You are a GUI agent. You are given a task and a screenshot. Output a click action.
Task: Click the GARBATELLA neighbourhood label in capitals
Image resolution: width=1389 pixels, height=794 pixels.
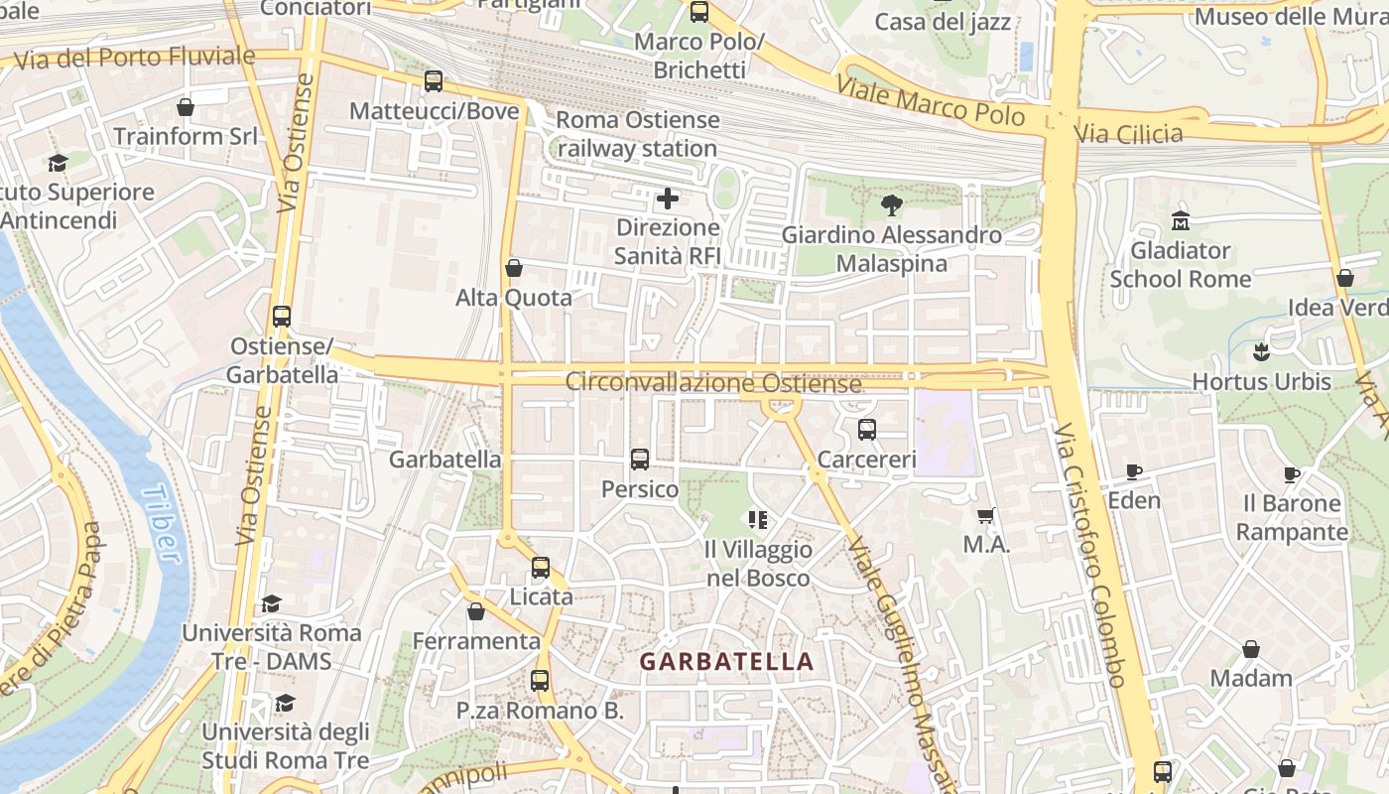click(726, 661)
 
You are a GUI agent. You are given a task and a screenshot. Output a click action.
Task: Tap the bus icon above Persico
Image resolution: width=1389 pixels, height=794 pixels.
click(640, 460)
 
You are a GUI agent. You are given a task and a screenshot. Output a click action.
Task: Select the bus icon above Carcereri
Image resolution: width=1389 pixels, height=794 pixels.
click(867, 430)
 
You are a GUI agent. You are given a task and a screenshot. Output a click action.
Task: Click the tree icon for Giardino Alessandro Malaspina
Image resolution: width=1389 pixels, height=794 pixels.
click(891, 205)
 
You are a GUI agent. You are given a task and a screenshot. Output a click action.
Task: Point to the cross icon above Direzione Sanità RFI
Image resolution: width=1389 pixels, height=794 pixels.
click(668, 198)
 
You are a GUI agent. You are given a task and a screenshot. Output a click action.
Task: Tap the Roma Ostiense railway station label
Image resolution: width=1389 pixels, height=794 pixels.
click(637, 134)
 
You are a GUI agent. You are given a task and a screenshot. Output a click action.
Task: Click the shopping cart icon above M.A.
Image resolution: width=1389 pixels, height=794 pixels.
click(986, 515)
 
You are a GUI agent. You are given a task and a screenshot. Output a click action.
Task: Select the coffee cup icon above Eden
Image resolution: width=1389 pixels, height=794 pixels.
click(1134, 471)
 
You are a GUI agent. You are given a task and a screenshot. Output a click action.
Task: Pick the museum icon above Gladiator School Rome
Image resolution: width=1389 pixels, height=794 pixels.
click(1181, 219)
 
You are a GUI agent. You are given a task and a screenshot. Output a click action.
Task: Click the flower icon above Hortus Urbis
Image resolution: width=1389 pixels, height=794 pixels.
click(1261, 351)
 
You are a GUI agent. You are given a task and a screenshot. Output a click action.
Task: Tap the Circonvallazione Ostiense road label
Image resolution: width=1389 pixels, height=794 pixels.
click(713, 383)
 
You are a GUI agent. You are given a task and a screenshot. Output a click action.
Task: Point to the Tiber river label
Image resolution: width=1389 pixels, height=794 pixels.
click(162, 524)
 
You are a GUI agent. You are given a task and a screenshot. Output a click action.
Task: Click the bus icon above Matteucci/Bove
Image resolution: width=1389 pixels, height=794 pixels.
click(434, 81)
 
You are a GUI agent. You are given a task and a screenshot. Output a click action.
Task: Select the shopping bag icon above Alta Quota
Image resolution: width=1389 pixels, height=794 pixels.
click(514, 268)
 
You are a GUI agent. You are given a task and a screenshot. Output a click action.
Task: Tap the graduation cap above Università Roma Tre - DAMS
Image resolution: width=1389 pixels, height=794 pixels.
click(271, 603)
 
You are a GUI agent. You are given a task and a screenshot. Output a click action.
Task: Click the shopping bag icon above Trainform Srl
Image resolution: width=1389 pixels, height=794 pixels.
click(186, 106)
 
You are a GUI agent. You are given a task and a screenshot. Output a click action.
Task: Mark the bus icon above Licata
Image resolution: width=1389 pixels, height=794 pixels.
click(541, 568)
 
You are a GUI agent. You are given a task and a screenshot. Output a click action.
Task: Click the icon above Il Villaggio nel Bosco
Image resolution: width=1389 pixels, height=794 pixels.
click(758, 519)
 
